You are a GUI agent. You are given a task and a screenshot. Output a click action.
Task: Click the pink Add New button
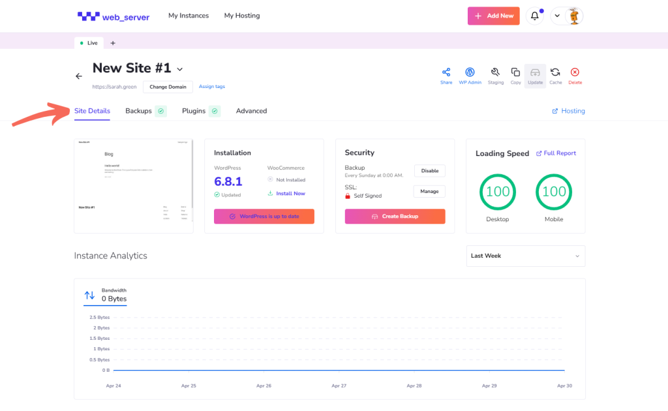(x=493, y=16)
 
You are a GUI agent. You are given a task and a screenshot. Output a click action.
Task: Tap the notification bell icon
(x=535, y=16)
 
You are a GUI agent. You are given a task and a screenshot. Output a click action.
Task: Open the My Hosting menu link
(x=241, y=16)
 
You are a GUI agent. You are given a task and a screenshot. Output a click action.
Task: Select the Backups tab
(x=138, y=111)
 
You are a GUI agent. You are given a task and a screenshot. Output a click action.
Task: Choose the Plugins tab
(x=194, y=111)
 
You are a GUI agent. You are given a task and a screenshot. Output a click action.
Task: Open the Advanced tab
(x=251, y=111)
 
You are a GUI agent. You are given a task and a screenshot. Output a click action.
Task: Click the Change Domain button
(x=168, y=87)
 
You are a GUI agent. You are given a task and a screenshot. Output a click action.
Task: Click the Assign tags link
(x=212, y=87)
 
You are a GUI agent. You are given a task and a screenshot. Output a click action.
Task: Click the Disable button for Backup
(x=430, y=171)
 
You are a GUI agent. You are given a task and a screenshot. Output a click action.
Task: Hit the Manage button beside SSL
(x=430, y=191)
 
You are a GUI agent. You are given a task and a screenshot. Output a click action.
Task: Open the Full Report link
(x=556, y=153)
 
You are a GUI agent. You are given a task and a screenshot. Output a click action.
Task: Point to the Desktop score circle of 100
(x=498, y=192)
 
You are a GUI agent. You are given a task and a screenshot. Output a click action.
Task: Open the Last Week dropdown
(x=525, y=256)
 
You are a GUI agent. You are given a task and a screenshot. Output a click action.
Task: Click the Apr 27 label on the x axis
(x=339, y=386)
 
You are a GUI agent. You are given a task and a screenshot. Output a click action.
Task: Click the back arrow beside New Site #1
(x=79, y=76)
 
